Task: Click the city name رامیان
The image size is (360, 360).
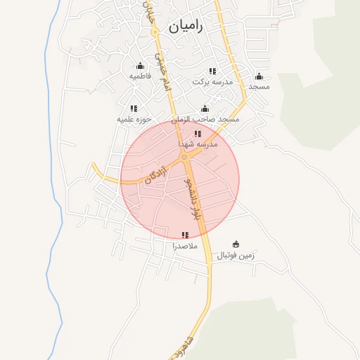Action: pos(186,27)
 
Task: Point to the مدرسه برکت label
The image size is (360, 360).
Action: pos(211,82)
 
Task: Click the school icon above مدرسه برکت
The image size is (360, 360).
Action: pos(212,71)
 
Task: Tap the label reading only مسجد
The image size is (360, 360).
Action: pos(259,86)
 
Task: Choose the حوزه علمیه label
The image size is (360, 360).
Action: pos(135,120)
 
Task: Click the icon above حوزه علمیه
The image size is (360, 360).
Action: pos(134,108)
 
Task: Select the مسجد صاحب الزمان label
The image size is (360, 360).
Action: pos(208,120)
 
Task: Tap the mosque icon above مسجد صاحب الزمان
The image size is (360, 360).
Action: pos(205,109)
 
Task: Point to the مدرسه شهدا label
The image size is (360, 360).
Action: pos(198,143)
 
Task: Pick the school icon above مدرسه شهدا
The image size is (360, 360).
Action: pos(198,133)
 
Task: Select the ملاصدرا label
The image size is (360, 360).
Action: pos(185,246)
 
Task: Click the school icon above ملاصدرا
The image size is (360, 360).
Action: pos(185,235)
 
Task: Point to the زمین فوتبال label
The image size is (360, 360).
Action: pos(236,255)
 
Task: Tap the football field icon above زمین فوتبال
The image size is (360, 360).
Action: pos(236,244)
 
